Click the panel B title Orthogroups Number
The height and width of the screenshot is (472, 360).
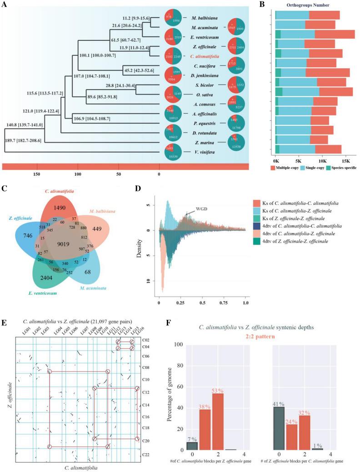(314, 5)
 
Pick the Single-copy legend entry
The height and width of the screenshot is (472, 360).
(316, 168)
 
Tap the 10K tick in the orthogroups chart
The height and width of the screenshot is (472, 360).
(322, 161)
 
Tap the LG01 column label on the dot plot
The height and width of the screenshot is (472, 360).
(22, 329)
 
